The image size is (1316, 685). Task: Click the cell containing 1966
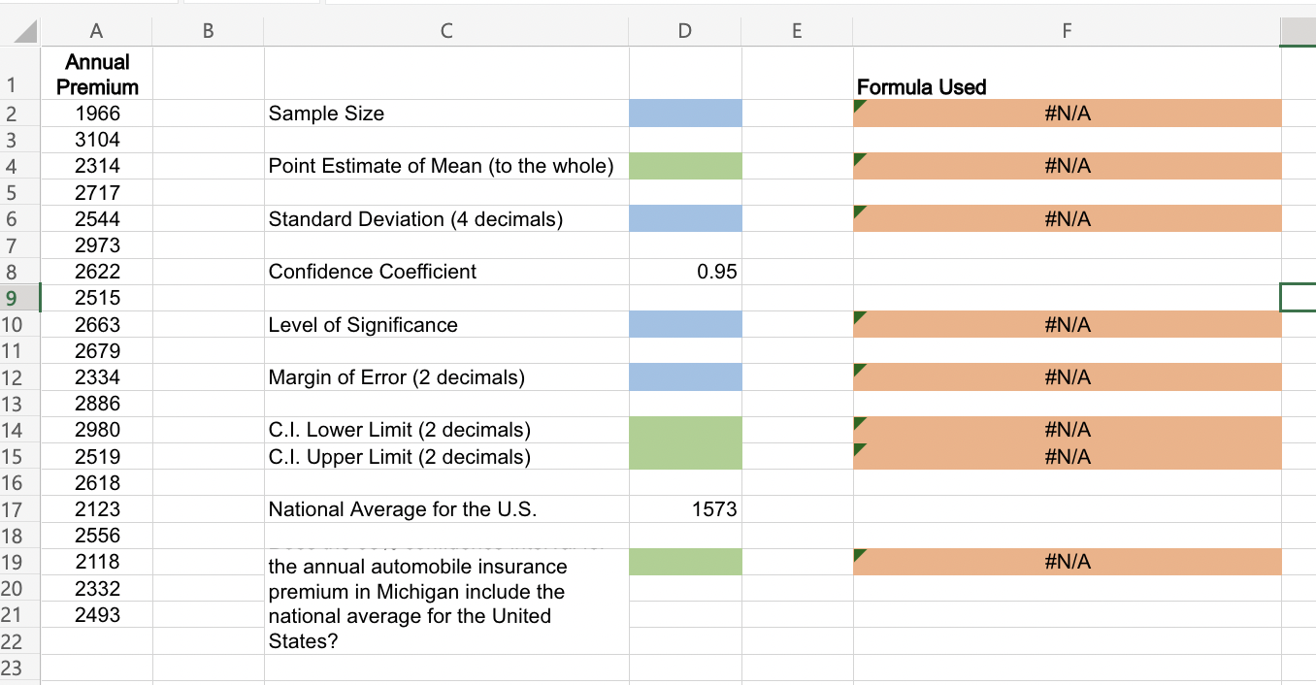tap(97, 114)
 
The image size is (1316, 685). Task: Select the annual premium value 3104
tap(97, 140)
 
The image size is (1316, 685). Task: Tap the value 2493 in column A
tap(97, 614)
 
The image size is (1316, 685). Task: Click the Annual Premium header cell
tap(97, 75)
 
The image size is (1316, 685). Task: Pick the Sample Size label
tap(326, 114)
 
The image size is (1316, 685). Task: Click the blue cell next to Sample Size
tap(685, 114)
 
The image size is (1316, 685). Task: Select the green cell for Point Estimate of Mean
tap(685, 166)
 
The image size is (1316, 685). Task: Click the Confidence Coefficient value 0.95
tap(716, 272)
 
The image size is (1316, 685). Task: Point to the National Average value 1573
tap(714, 509)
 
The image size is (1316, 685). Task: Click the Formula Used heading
tap(921, 87)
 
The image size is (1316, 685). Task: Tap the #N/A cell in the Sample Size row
tap(1068, 114)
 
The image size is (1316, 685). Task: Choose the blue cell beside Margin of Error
tap(685, 377)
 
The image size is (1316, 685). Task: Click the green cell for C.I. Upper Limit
tap(685, 456)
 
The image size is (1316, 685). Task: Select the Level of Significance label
tap(363, 325)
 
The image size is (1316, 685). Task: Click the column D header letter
tap(685, 31)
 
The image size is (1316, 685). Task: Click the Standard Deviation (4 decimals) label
tap(415, 219)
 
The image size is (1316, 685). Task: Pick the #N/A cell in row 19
tap(1068, 562)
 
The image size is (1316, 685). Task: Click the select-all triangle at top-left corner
tap(23, 32)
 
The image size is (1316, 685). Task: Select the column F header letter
tap(1067, 31)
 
